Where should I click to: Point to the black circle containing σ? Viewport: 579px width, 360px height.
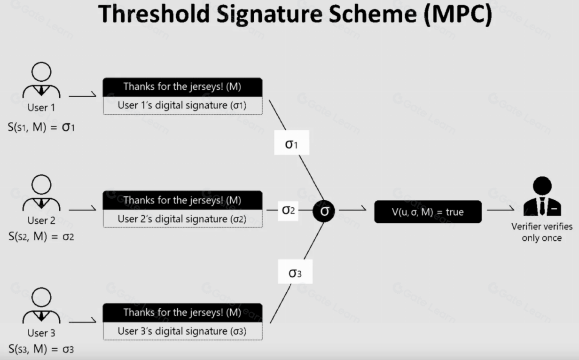tap(324, 211)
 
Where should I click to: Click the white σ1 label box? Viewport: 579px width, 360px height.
tap(291, 143)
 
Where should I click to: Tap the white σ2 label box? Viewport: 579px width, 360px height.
tap(288, 211)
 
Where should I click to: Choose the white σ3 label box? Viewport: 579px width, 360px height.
tap(295, 272)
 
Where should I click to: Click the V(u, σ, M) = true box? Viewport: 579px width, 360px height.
tap(428, 211)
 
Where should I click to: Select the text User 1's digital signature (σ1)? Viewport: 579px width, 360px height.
tap(182, 105)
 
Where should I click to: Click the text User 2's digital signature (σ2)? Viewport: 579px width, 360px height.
tap(182, 219)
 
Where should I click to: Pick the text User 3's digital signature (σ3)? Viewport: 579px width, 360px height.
tap(182, 331)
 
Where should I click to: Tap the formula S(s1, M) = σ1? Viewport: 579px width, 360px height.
tap(41, 127)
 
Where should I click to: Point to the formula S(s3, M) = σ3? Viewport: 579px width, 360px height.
tap(41, 349)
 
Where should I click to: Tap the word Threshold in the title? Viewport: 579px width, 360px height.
tap(154, 14)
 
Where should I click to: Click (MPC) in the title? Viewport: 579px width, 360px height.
tap(459, 15)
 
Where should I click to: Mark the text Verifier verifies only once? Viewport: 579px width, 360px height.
tap(542, 232)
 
